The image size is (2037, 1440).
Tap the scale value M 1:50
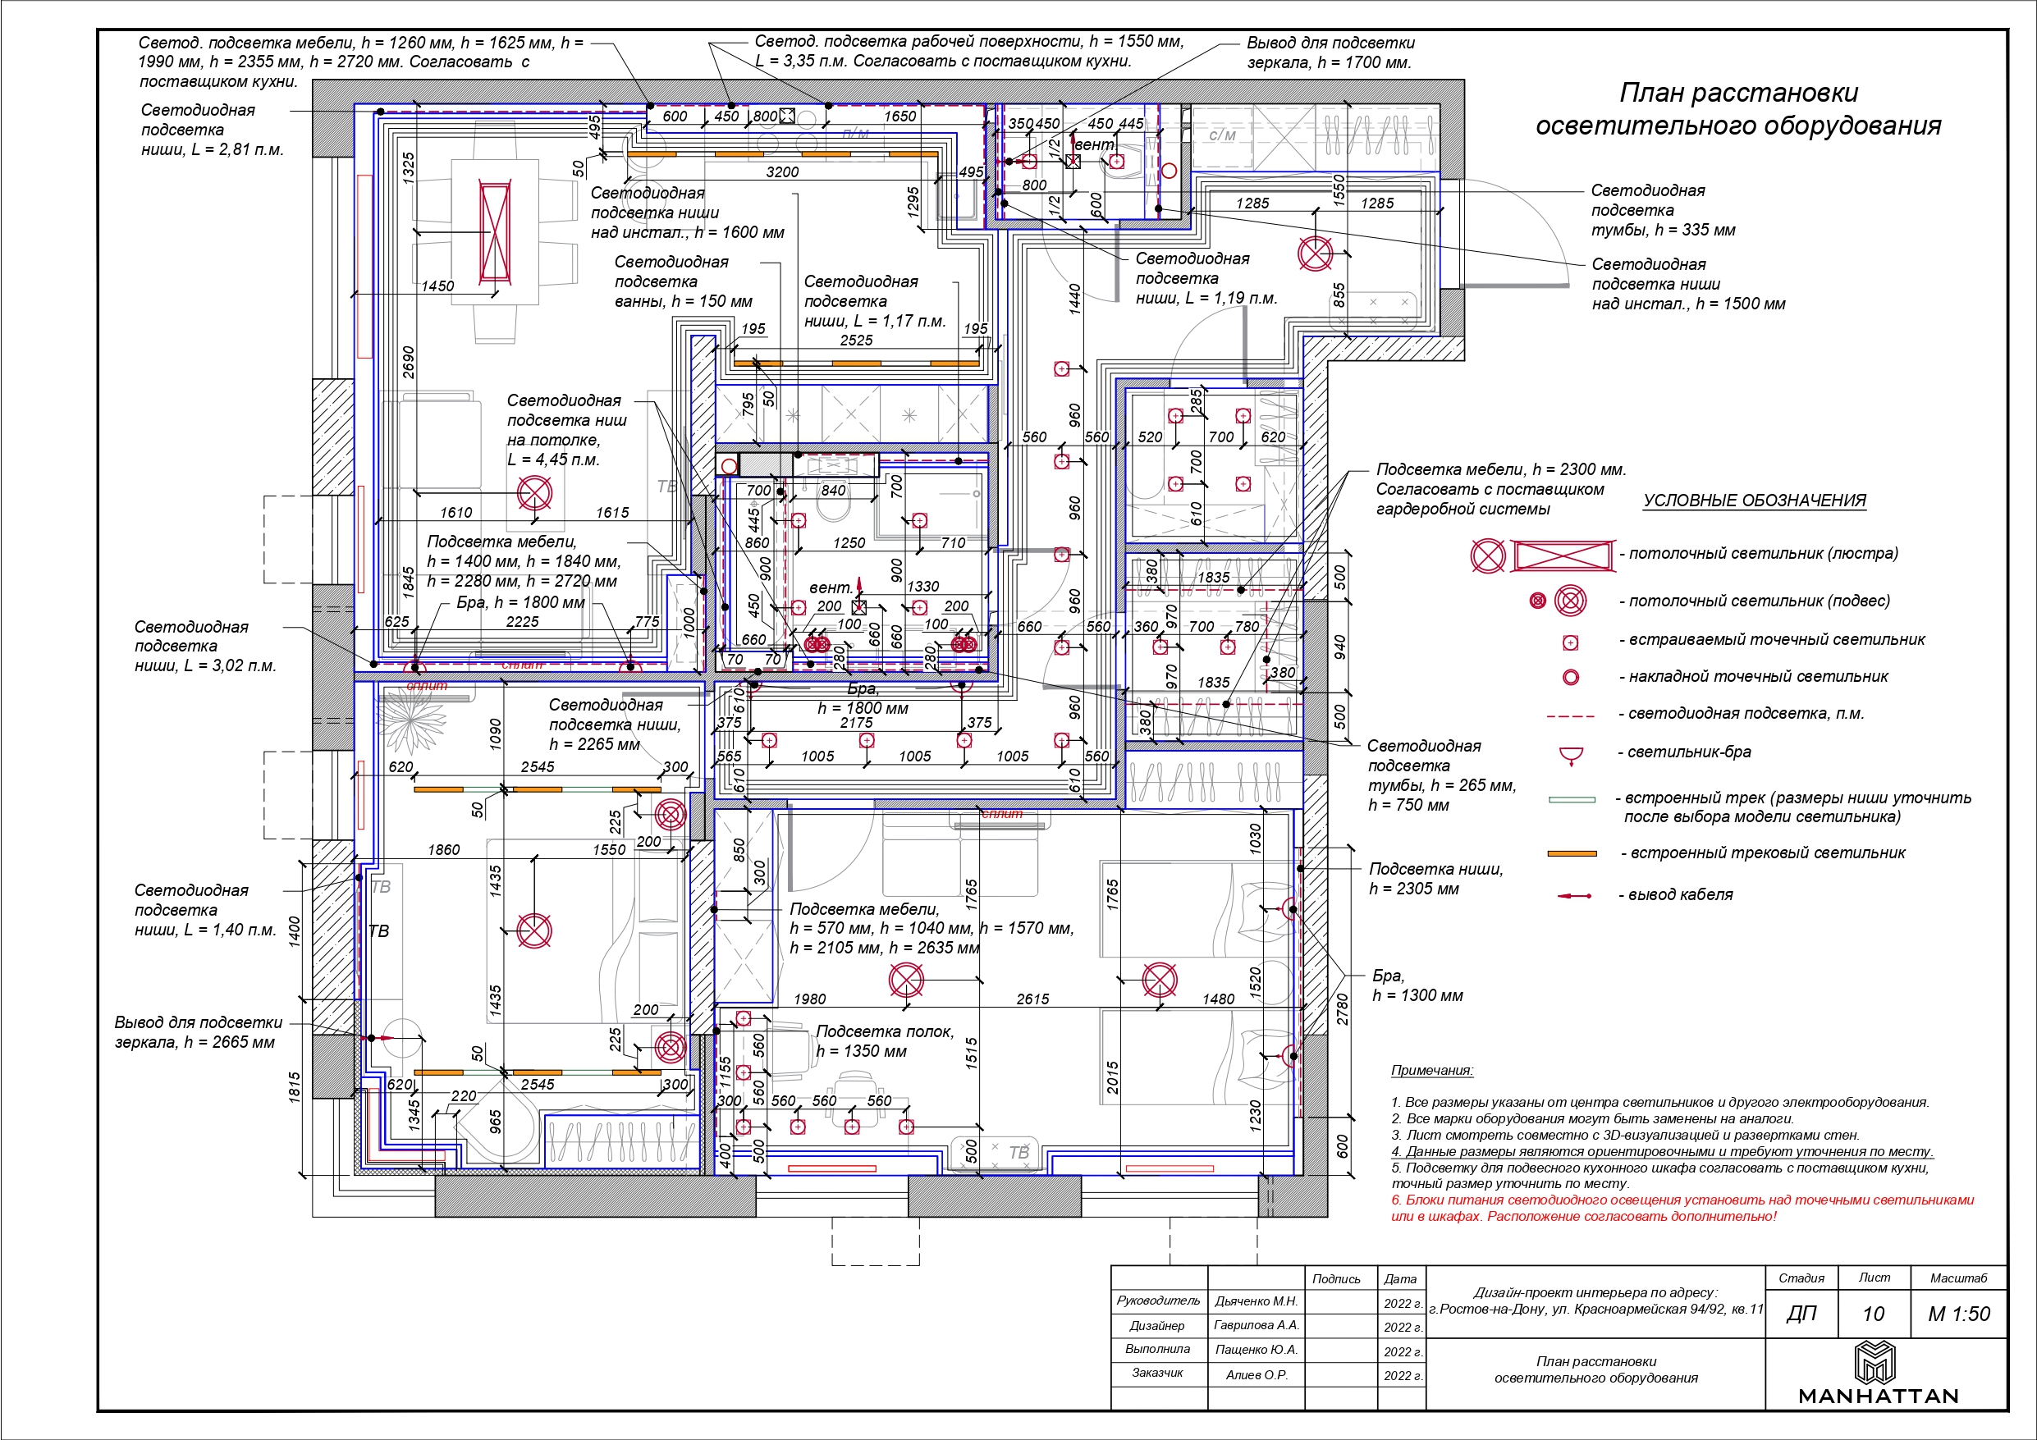pos(1959,1314)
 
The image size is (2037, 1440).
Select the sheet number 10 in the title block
pos(1873,1314)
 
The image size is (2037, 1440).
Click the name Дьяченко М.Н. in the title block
pos(1256,1301)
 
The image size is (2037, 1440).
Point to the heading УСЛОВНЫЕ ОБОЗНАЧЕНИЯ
pos(1754,501)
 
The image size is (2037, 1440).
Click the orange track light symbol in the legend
pos(1571,853)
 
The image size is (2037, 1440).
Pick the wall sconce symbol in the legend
pos(1571,755)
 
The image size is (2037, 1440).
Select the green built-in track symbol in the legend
pos(1571,799)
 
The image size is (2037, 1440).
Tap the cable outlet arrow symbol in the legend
pos(1574,896)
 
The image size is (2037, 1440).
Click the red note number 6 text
pos(1682,1208)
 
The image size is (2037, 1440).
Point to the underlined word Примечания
pos(1432,1070)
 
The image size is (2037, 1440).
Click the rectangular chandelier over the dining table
pos(495,231)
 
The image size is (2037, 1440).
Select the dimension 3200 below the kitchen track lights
pos(781,172)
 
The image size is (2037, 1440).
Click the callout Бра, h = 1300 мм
pos(1417,985)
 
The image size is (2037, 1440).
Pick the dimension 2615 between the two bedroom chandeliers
pos(1032,999)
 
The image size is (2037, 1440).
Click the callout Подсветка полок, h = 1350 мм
pos(884,1040)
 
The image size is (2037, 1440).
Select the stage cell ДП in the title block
pos(1801,1314)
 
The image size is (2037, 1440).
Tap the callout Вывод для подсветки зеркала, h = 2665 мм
pos(198,1032)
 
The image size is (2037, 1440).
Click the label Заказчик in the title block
pos(1157,1373)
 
